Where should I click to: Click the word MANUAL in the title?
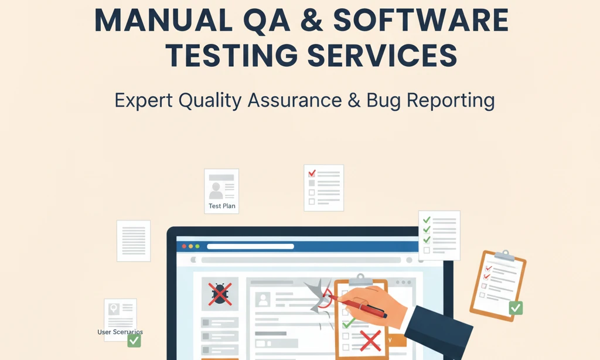pyautogui.click(x=163, y=20)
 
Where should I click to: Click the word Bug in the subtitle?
pyautogui.click(x=383, y=100)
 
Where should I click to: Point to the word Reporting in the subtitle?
pyautogui.click(x=451, y=100)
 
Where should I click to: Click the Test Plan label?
pyautogui.click(x=222, y=206)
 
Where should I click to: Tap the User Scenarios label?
pyautogui.click(x=120, y=332)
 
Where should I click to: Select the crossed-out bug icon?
pyautogui.click(x=220, y=294)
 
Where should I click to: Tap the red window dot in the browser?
pyautogui.click(x=184, y=246)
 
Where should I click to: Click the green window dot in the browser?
pyautogui.click(x=197, y=246)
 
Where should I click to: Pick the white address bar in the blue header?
pyautogui.click(x=250, y=246)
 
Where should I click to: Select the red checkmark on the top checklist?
pyautogui.click(x=312, y=173)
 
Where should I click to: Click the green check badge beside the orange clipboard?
pyautogui.click(x=516, y=308)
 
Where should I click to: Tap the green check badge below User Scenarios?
pyautogui.click(x=134, y=341)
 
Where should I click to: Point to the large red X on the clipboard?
pyautogui.click(x=370, y=341)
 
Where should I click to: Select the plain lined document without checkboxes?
pyautogui.click(x=134, y=241)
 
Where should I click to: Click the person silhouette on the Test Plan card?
pyautogui.click(x=216, y=191)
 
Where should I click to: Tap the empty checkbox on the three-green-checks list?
pyautogui.click(x=427, y=250)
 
